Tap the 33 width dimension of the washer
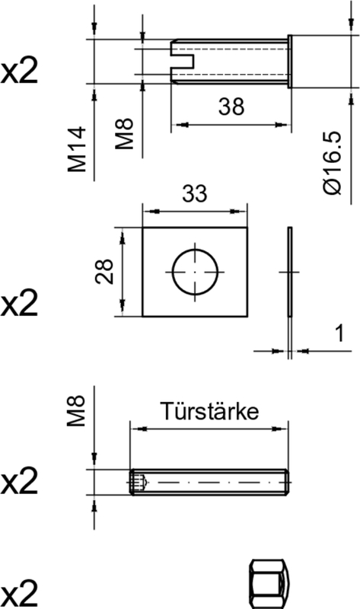pos(195,194)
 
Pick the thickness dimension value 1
pos(339,333)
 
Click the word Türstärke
pos(209,411)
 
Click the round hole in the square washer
pos(195,271)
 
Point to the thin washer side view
pos(289,271)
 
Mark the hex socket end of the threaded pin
pos(137,483)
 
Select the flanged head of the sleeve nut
pos(290,60)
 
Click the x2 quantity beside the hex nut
pos(19,592)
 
